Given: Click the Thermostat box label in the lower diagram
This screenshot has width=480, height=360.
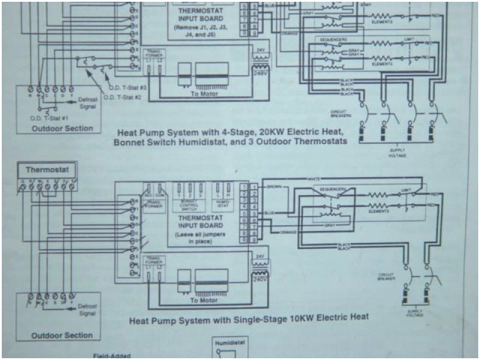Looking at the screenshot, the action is pyautogui.click(x=47, y=170).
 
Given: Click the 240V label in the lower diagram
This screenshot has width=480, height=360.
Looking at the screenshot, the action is pyautogui.click(x=259, y=279).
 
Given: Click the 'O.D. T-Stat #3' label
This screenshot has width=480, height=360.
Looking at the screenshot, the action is pyautogui.click(x=128, y=88).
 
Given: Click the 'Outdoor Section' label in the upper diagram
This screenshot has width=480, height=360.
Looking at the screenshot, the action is pyautogui.click(x=62, y=128).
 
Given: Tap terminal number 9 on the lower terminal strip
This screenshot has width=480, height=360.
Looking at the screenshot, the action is pyautogui.click(x=244, y=239).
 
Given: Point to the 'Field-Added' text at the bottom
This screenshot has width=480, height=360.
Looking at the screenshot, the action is pyautogui.click(x=112, y=355).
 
